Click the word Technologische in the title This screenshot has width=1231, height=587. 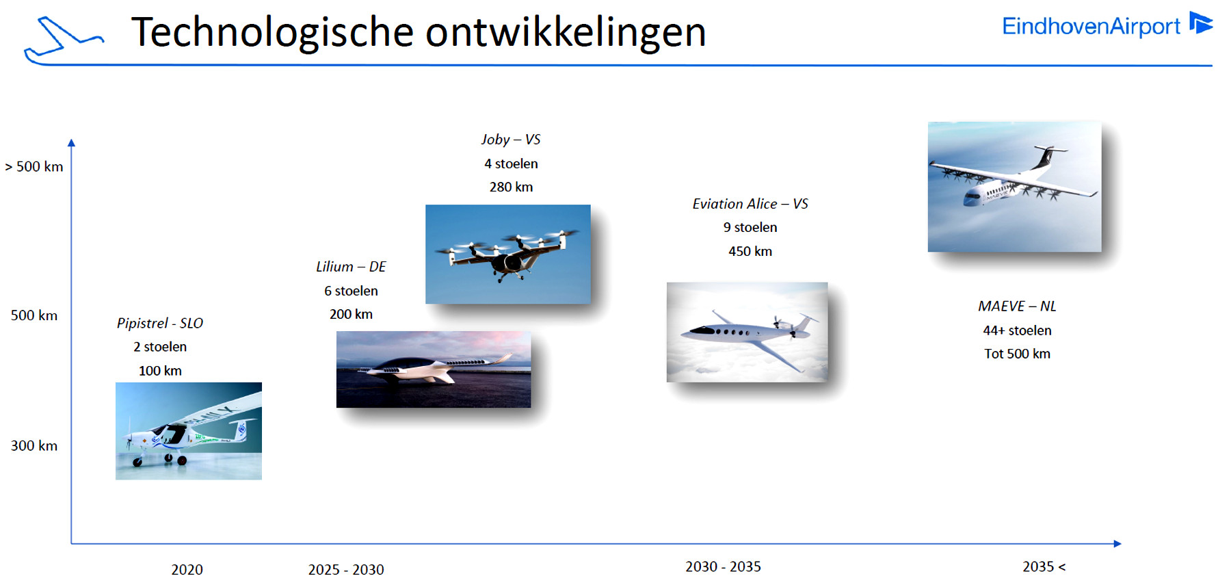pos(272,32)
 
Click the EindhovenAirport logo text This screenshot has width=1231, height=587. pos(1091,26)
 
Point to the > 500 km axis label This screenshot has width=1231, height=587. pos(34,166)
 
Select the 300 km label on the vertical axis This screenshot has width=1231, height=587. pos(34,445)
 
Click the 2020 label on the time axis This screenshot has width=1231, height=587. pos(187,569)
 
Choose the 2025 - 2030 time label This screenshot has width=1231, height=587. pos(346,569)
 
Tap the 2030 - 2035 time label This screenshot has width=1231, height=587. pos(723,566)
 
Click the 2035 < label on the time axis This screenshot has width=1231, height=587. pos(1044,566)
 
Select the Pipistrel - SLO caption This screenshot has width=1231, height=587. pos(160,323)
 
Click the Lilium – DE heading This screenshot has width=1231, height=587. pos(351,267)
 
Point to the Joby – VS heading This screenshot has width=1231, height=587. pos(511,140)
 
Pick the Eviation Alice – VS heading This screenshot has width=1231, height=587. pos(750,204)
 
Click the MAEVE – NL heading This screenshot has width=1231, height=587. pos(1017,306)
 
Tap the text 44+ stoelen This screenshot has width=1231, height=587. pos(1017,330)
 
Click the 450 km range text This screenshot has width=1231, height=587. pos(750,251)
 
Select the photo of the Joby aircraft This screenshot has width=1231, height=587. pos(508,254)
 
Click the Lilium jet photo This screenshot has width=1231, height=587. pos(434,369)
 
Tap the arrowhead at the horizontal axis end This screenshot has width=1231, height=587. pos(1117,544)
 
